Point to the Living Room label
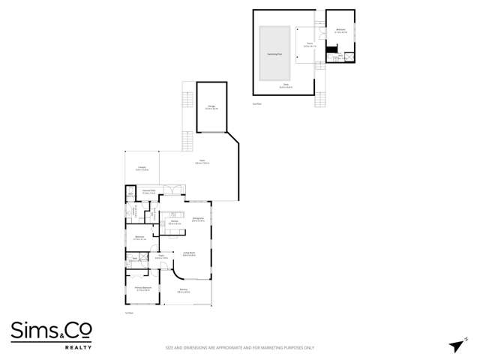coord(189,253)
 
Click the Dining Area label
coord(198,219)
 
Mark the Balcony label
coord(183,291)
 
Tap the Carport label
coord(141,168)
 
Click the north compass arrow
coord(454,344)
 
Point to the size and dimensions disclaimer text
coord(239,348)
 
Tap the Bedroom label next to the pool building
coord(340,31)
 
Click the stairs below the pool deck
coord(320,99)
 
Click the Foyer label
coord(160,258)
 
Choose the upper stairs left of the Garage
coord(187,99)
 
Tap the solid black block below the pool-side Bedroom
coord(330,50)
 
